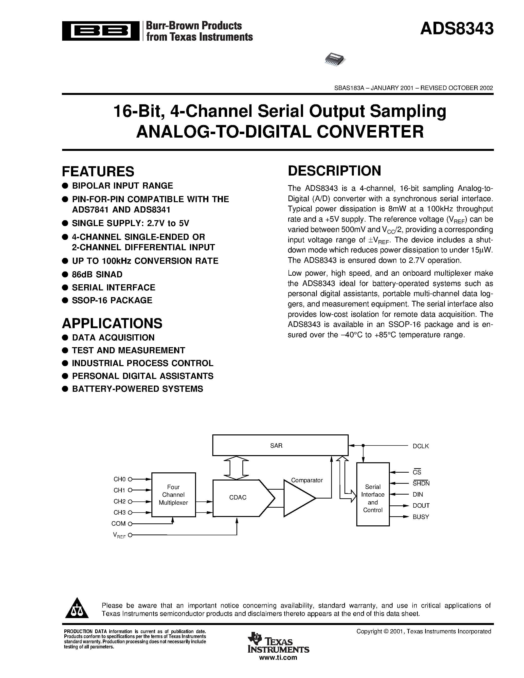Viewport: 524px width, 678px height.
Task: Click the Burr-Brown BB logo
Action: tap(101, 31)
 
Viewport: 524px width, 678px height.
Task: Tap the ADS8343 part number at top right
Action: tap(457, 29)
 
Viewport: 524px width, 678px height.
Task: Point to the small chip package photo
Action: tap(335, 59)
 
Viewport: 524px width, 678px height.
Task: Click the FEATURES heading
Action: tap(98, 171)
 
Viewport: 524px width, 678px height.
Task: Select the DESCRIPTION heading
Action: tap(334, 171)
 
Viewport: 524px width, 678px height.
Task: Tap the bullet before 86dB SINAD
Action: tap(65, 274)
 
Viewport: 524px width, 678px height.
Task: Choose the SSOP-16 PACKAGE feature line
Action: tap(112, 300)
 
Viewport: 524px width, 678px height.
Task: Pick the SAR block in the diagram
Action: tap(280, 446)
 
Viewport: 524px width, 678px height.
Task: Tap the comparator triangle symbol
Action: tap(299, 498)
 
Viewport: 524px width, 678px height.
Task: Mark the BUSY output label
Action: tap(421, 517)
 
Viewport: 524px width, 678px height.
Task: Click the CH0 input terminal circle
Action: tap(130, 479)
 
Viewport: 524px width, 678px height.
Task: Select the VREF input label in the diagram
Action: tap(119, 535)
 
